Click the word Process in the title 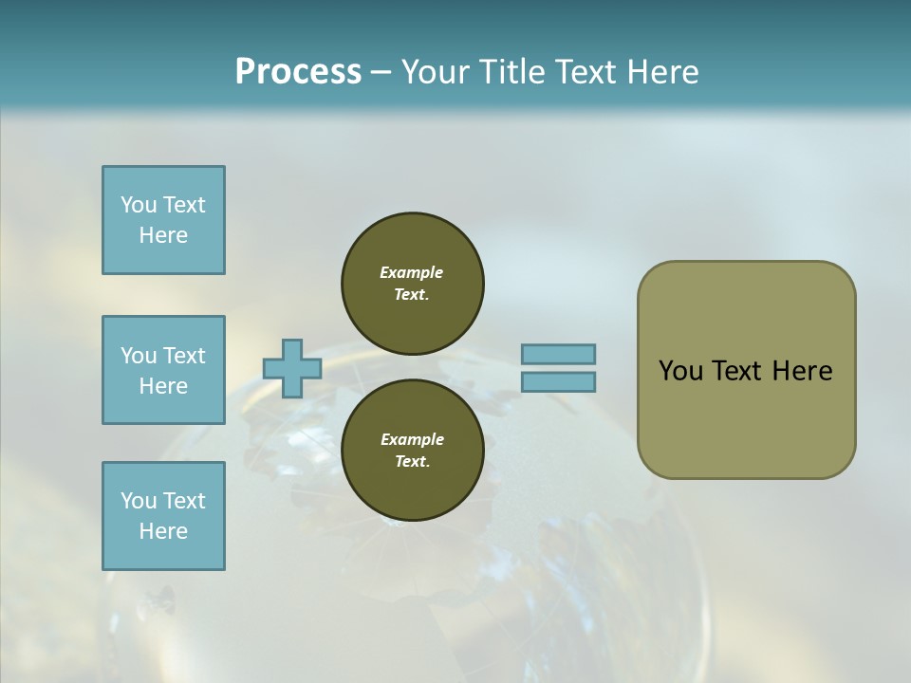pos(298,72)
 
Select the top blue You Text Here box pos(163,220)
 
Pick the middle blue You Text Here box pos(163,370)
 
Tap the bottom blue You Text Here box pos(163,516)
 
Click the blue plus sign pos(292,368)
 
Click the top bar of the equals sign pos(558,354)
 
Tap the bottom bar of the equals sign pos(558,382)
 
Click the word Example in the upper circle pos(412,272)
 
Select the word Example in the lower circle pos(412,439)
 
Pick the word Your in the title pos(435,72)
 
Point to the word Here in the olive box pos(802,371)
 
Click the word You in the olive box pos(680,371)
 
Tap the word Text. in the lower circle pos(412,462)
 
